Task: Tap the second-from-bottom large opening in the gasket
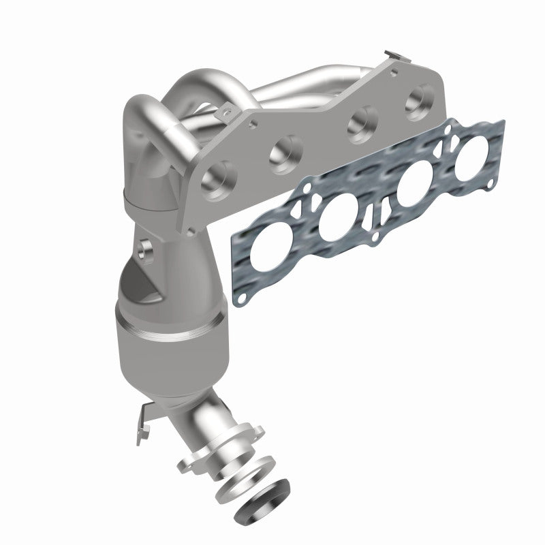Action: (x=338, y=223)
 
